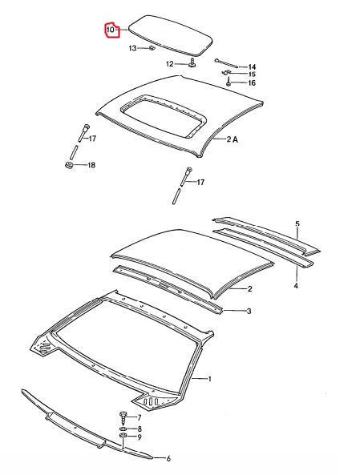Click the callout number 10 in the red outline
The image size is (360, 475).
110,30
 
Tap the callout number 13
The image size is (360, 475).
133,48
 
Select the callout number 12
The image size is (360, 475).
169,64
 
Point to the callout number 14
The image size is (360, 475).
252,67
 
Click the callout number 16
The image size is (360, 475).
252,83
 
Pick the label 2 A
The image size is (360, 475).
233,139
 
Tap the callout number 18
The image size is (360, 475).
91,165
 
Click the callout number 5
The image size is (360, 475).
297,223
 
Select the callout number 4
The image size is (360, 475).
297,286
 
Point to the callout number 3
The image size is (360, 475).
249,311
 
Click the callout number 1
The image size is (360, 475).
209,379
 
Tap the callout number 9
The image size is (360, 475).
140,437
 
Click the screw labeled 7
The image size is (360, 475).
123,417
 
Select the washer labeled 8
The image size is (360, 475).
123,429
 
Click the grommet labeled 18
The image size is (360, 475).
69,165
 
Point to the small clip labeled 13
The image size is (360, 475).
151,48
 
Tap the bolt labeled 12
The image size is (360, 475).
192,62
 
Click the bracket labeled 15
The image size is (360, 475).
225,73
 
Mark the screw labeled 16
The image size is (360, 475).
229,82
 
